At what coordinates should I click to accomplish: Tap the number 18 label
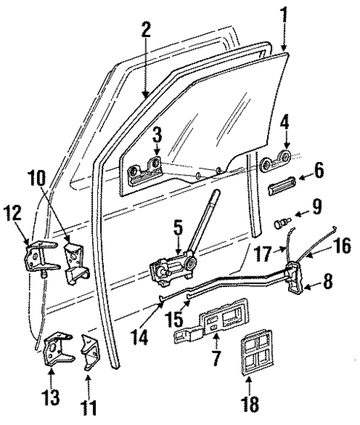point(250,409)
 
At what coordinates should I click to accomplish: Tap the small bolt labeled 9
point(281,222)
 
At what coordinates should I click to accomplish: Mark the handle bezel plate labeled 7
point(204,327)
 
